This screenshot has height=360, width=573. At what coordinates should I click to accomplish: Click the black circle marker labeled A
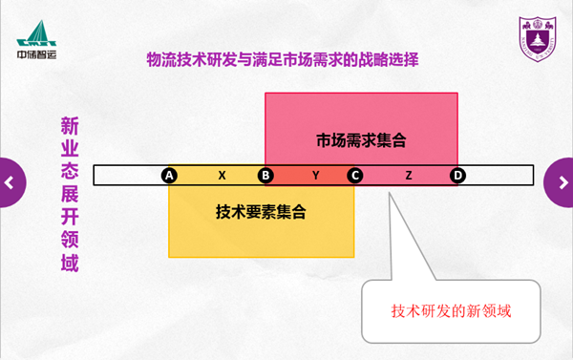tap(169, 176)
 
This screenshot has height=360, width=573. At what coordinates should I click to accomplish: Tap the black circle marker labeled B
tap(265, 176)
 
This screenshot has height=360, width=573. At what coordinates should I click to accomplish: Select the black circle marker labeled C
tap(355, 176)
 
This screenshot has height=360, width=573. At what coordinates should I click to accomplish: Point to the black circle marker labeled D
tap(457, 176)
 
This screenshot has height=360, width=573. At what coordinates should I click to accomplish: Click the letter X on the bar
tap(222, 176)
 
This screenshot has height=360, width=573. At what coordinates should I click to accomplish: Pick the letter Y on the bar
tap(316, 176)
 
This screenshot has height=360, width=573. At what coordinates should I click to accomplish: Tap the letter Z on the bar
tap(409, 176)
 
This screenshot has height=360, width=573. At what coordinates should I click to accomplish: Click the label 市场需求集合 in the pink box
tap(361, 140)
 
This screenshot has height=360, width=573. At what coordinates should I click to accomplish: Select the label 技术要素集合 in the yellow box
tap(261, 212)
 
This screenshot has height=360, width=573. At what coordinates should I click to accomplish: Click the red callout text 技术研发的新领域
tap(451, 311)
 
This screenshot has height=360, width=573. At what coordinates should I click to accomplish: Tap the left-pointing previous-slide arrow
tap(10, 182)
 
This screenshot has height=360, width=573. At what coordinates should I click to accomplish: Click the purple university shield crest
tap(538, 39)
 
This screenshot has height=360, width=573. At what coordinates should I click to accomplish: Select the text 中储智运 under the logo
tap(36, 54)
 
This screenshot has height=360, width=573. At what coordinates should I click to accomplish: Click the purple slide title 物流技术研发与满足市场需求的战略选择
tap(283, 59)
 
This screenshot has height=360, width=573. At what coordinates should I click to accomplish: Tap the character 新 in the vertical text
tap(70, 126)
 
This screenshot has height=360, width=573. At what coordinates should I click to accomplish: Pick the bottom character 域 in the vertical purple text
tap(70, 263)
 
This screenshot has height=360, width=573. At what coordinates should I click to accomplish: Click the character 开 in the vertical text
tap(70, 217)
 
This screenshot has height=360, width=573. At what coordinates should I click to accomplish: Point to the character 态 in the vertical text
tap(70, 172)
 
